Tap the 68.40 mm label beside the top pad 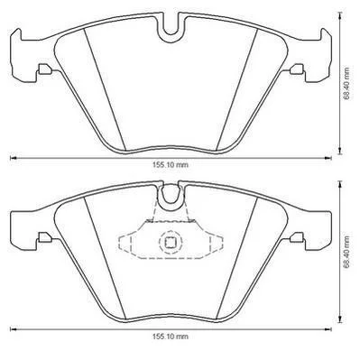coord(347,83)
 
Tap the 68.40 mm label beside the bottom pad coord(347,252)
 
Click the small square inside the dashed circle coord(171,242)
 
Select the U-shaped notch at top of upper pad coord(171,29)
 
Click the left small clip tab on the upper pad coord(44,69)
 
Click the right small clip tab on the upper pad coord(298,69)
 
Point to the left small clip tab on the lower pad coord(44,237)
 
